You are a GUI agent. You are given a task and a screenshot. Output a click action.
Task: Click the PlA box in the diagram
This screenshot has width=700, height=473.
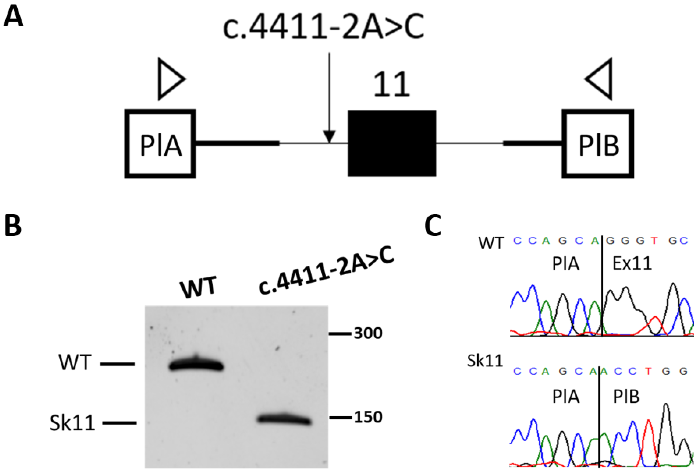pyautogui.click(x=160, y=144)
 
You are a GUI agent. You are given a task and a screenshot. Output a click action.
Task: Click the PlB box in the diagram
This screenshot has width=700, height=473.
pyautogui.click(x=598, y=144)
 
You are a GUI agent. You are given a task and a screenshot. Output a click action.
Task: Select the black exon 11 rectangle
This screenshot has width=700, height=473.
pyautogui.click(x=391, y=143)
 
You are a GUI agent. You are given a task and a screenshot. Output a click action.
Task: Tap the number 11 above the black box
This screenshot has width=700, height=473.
pyautogui.click(x=391, y=85)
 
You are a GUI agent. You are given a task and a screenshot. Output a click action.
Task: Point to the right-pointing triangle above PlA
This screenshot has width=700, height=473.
pyautogui.click(x=170, y=79)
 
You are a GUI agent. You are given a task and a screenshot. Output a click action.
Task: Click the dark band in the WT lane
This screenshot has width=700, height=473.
pyautogui.click(x=196, y=366)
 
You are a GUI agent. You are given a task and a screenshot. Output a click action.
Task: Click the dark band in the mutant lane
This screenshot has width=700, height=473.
pyautogui.click(x=284, y=419)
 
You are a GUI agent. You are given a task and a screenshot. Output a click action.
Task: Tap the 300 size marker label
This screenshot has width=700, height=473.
pyautogui.click(x=368, y=333)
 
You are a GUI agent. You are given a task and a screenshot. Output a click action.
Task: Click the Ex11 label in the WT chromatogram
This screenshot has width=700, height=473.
pyautogui.click(x=632, y=264)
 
